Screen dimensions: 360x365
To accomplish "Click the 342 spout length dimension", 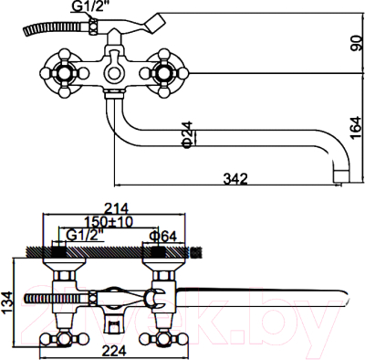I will point(235,179).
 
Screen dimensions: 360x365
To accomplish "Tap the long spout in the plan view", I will point(265,295).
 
